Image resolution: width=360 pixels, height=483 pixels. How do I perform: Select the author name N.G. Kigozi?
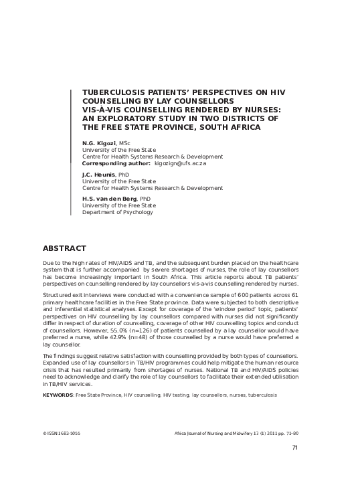[98, 143]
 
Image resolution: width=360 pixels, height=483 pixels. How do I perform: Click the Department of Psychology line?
[117, 212]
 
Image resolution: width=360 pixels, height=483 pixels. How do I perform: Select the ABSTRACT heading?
[64, 248]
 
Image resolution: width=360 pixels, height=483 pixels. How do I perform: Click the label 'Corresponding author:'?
[116, 163]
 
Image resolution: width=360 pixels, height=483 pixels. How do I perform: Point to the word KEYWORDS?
[58, 395]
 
